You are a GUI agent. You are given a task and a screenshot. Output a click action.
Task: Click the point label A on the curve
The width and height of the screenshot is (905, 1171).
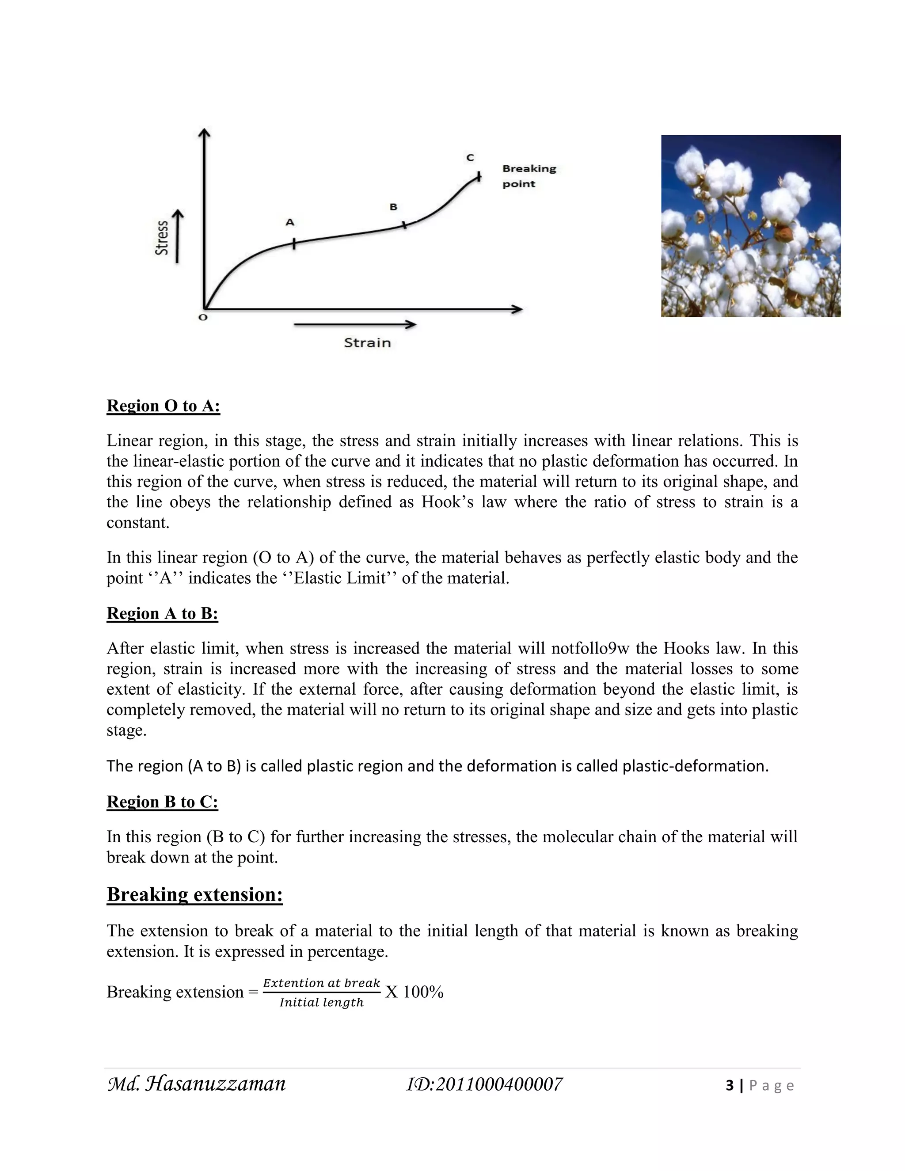290,222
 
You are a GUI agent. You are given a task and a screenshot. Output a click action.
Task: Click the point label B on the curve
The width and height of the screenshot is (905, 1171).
393,207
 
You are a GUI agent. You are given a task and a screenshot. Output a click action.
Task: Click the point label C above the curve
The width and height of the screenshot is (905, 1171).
470,158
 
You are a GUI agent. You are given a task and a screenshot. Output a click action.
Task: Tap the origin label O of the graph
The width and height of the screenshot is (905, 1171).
203,317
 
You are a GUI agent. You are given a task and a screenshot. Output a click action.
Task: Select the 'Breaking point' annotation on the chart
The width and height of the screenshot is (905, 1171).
529,176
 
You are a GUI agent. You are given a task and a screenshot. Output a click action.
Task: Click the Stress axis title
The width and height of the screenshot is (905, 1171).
161,238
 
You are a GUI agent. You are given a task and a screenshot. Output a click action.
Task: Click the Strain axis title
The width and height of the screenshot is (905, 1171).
367,342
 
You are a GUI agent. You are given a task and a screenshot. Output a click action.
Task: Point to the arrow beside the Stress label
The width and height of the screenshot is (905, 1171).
178,236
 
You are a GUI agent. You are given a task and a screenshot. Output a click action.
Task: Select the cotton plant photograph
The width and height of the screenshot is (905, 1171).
751,226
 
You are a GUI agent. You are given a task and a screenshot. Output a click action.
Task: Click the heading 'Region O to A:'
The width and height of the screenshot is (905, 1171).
164,406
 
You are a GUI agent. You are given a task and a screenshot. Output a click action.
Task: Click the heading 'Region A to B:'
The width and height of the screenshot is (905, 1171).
163,613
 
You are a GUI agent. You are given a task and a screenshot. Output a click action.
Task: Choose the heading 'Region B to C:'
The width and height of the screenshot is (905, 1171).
163,802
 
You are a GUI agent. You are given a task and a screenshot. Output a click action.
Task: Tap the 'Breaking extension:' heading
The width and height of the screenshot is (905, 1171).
194,895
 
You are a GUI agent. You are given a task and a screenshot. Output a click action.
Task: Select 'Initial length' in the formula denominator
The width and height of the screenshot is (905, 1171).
321,1003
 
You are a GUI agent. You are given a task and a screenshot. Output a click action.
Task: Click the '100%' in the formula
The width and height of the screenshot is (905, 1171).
423,992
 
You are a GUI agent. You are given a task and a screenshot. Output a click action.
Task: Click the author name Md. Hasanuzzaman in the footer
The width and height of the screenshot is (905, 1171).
197,1084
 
